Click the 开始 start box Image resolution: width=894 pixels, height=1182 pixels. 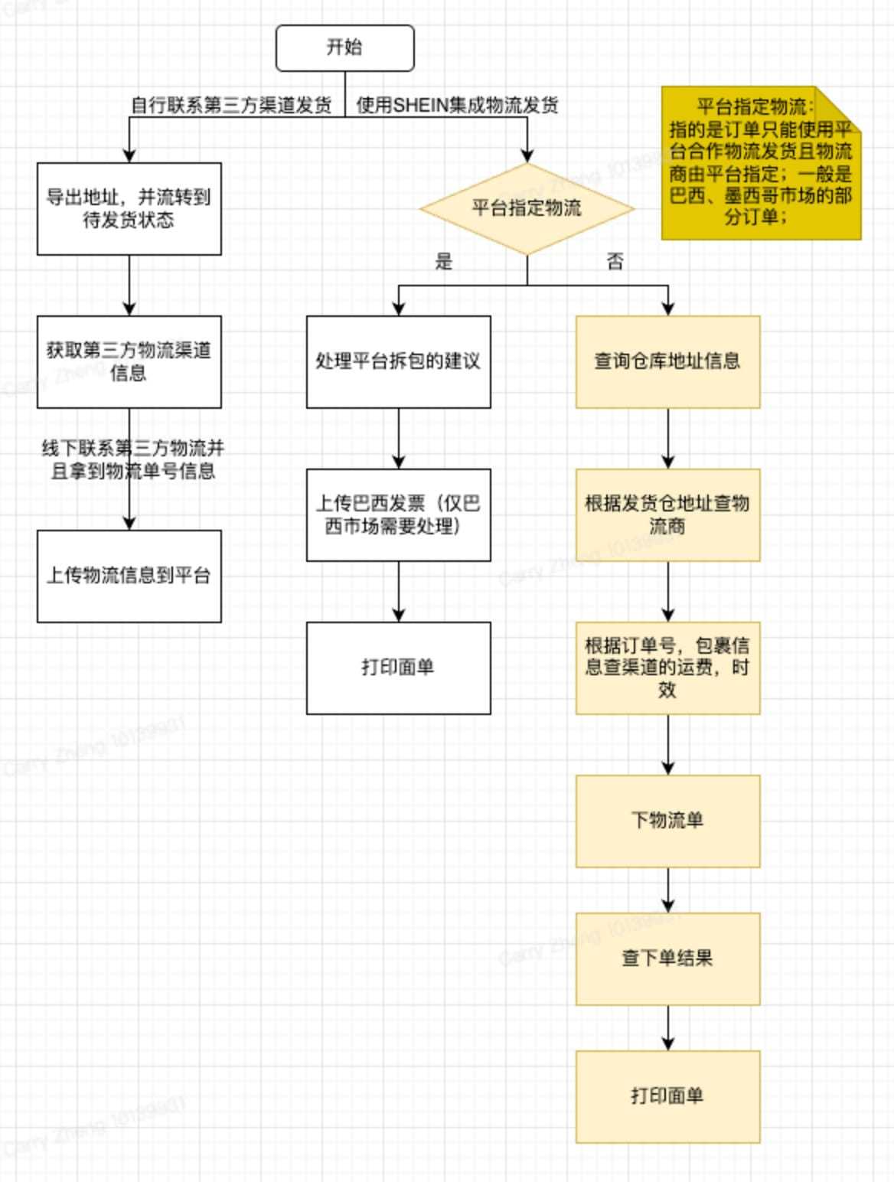pos(344,47)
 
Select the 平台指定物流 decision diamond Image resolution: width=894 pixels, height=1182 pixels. pos(527,208)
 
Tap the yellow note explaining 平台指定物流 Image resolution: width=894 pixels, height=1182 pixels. pos(761,162)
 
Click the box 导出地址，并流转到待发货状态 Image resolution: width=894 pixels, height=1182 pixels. pos(129,208)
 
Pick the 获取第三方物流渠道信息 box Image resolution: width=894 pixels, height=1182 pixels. pos(129,361)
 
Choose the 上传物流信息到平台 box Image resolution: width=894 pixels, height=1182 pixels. pos(129,576)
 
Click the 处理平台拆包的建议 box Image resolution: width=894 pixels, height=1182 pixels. pos(398,361)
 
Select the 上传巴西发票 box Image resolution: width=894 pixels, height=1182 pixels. pos(398,514)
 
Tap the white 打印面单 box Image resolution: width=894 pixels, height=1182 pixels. pos(398,668)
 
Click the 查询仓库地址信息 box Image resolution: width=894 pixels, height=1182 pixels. pos(667,361)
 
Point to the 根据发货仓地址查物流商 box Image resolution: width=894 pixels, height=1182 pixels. pos(667,514)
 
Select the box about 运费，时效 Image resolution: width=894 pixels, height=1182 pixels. pos(667,668)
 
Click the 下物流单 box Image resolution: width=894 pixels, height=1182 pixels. pos(667,821)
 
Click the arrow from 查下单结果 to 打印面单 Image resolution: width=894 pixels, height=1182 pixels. pos(667,1027)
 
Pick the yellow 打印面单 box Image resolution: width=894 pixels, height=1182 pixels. pos(667,1096)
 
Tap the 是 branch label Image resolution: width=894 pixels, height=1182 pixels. pos(444,262)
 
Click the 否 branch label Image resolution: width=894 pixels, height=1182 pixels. pos(615,262)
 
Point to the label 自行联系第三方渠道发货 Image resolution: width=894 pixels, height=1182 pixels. pos(231,105)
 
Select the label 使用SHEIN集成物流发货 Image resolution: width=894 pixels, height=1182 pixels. pos(457,105)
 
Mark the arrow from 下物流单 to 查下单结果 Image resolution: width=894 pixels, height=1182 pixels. pos(667,890)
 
